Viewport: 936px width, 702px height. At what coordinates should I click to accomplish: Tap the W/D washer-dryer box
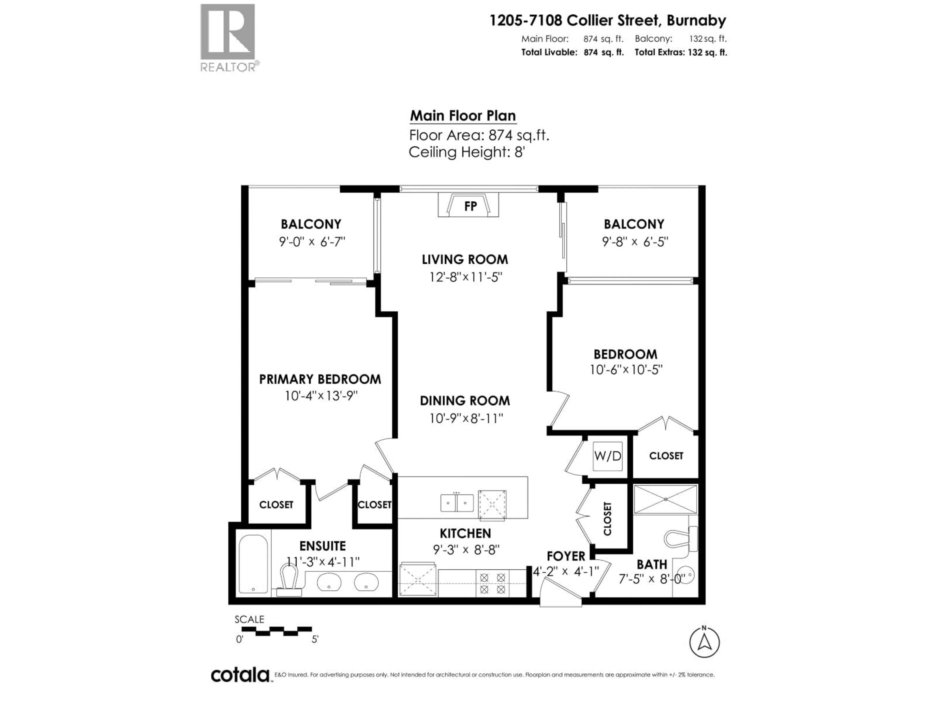[607, 456]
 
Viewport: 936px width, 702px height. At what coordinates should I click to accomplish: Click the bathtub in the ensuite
[253, 565]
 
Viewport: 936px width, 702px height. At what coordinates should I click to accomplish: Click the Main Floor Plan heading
[463, 116]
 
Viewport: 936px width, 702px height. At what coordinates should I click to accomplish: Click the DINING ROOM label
[465, 401]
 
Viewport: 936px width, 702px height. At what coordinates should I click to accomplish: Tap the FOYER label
[566, 556]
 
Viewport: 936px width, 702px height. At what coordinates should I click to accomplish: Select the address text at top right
[608, 20]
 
